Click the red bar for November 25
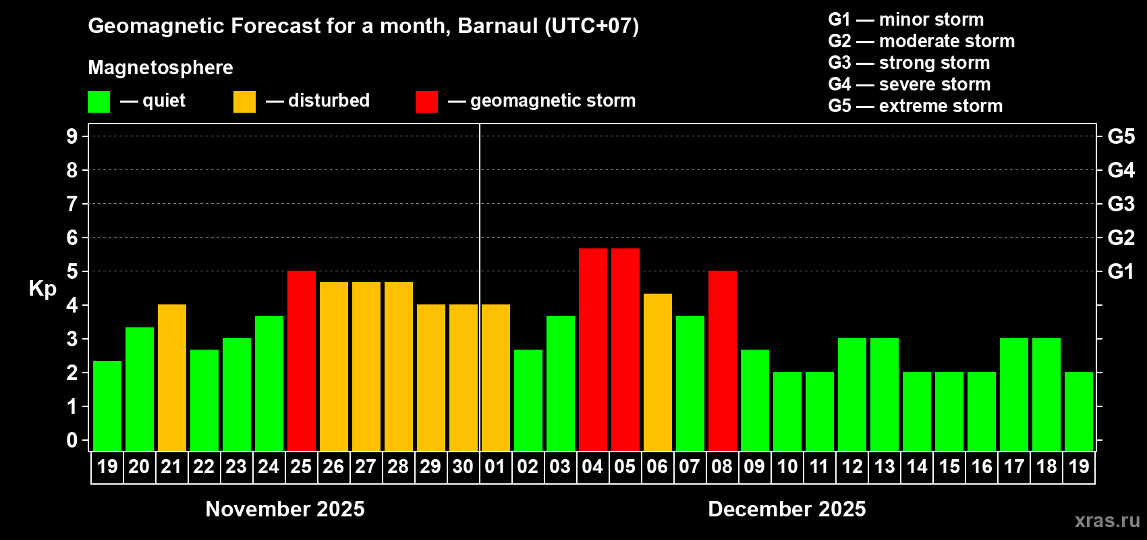[302, 360]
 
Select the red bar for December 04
[593, 350]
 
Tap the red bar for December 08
[723, 360]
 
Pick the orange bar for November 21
[172, 377]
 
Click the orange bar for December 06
[658, 372]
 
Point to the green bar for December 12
[852, 394]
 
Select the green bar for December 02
[528, 400]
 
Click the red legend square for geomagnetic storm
[426, 102]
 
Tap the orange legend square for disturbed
[244, 102]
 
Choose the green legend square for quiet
[99, 102]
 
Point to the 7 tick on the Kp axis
[72, 204]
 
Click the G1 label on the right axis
[1121, 271]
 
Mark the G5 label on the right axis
[1121, 136]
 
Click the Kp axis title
[43, 289]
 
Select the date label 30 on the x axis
[463, 466]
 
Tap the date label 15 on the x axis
[949, 466]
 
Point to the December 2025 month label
[787, 509]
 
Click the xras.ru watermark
[1107, 520]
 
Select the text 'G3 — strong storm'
[909, 63]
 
